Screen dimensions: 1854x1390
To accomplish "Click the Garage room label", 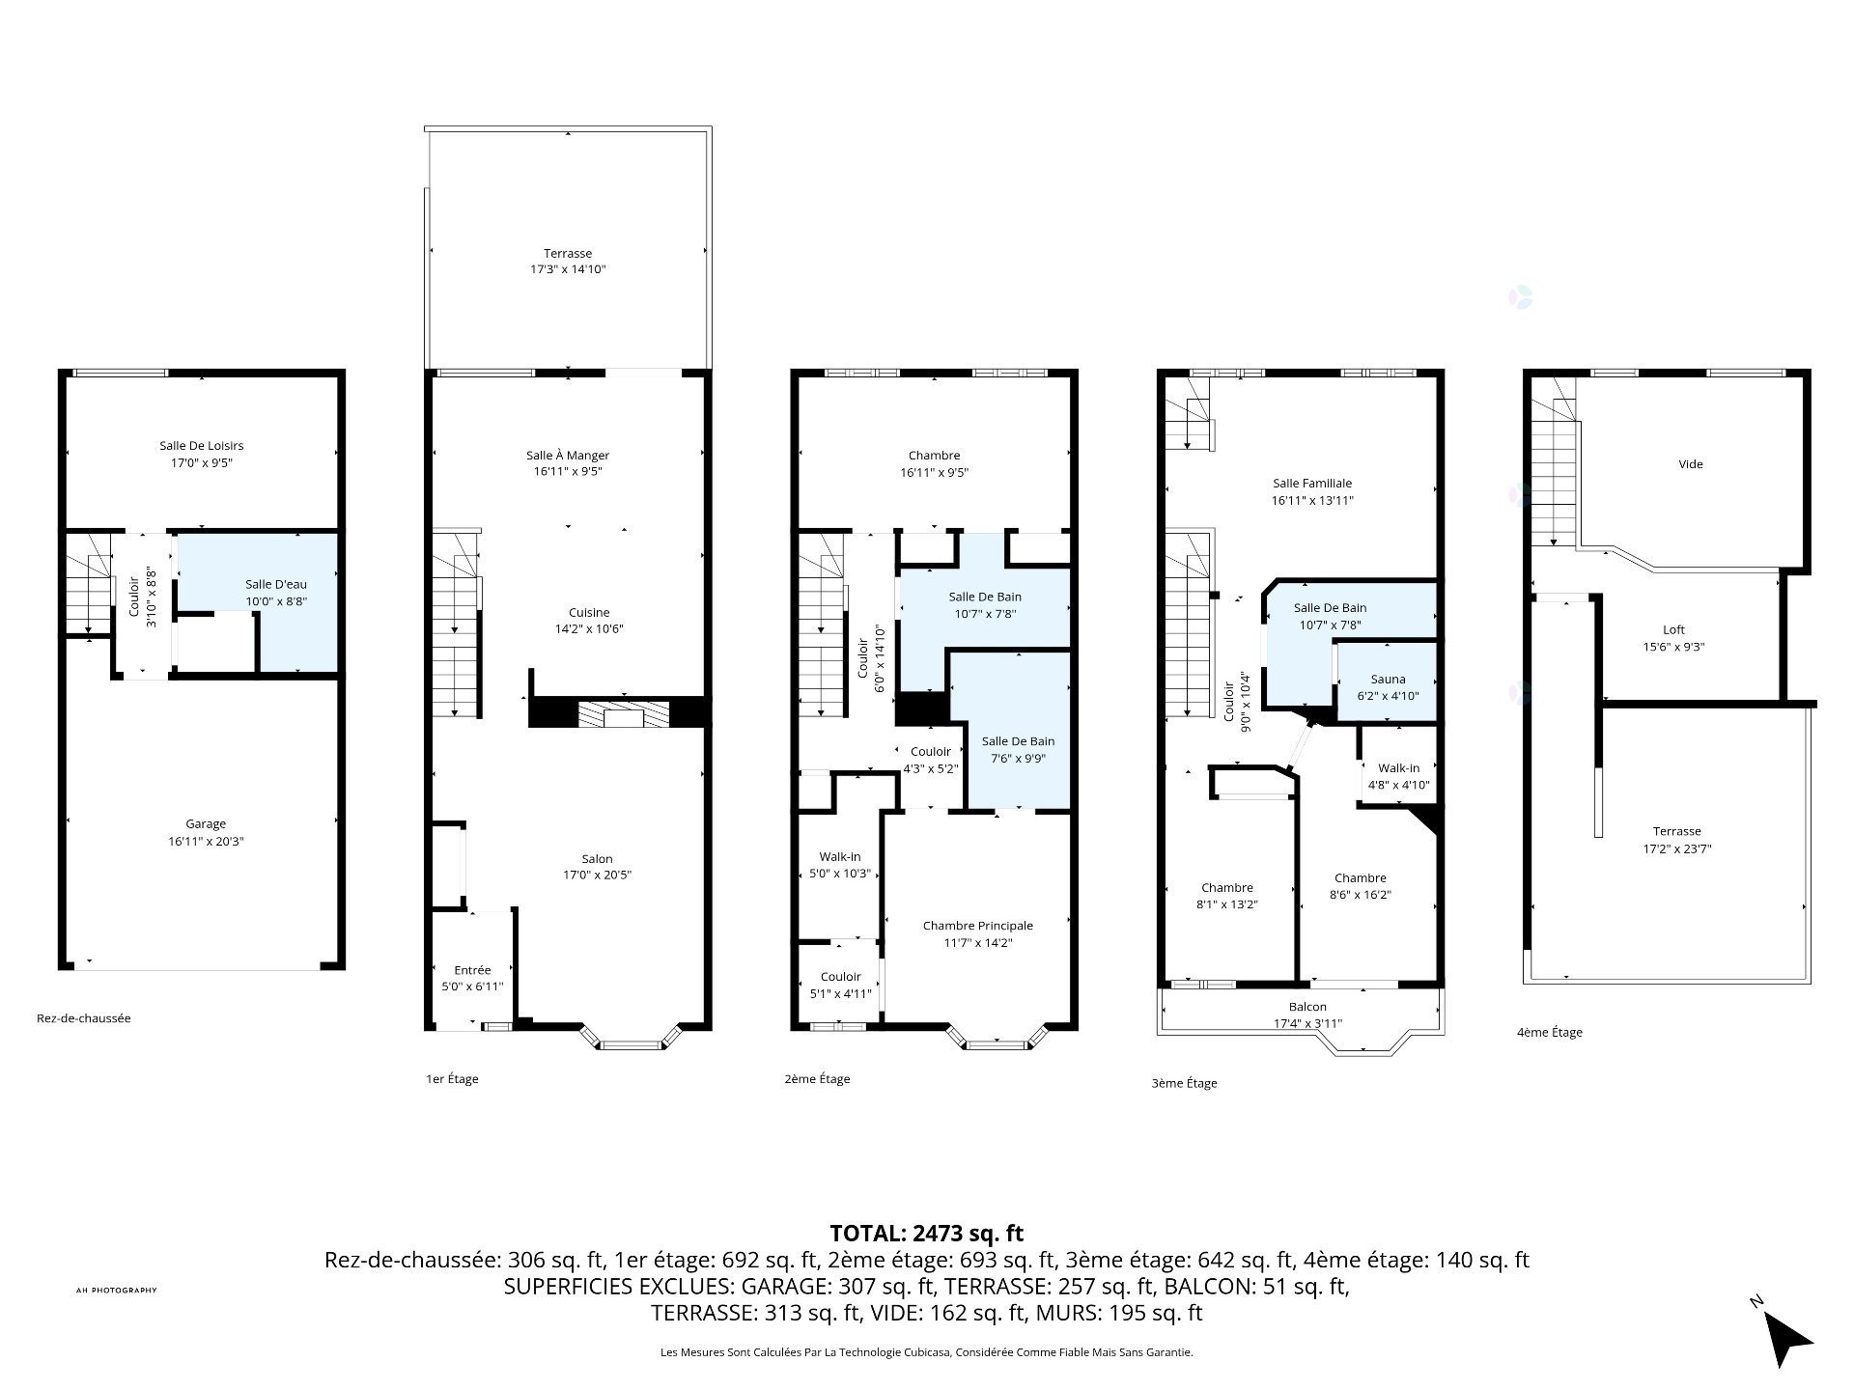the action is point(206,823).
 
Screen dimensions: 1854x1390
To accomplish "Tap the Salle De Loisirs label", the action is point(202,446).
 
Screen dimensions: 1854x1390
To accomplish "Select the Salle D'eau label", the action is point(276,584).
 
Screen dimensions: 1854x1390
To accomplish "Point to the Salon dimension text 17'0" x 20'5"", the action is point(598,876).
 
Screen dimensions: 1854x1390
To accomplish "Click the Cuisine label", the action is point(589,612).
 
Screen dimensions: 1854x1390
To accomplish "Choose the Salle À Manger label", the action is point(568,456).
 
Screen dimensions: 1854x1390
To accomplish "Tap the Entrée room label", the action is point(472,970).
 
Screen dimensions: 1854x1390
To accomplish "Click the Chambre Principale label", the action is point(978,926).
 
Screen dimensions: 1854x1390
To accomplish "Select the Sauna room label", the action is point(1389,679).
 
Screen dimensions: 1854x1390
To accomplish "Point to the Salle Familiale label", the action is point(1312,484).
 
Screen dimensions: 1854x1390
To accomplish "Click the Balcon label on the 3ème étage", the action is point(1307,1007).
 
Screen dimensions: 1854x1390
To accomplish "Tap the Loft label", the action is point(1674,629).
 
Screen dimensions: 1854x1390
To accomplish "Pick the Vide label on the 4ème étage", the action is point(1691,464).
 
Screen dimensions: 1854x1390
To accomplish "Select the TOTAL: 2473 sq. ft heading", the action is point(927,1234).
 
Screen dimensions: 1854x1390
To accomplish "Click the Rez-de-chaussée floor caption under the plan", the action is point(84,1018).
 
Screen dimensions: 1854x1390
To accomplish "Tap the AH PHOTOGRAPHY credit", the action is point(116,1291).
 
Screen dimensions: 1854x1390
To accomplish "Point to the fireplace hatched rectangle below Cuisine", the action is point(624,715).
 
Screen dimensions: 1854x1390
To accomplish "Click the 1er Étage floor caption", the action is point(452,1079).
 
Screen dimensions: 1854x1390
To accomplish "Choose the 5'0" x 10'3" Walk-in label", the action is point(840,865).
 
